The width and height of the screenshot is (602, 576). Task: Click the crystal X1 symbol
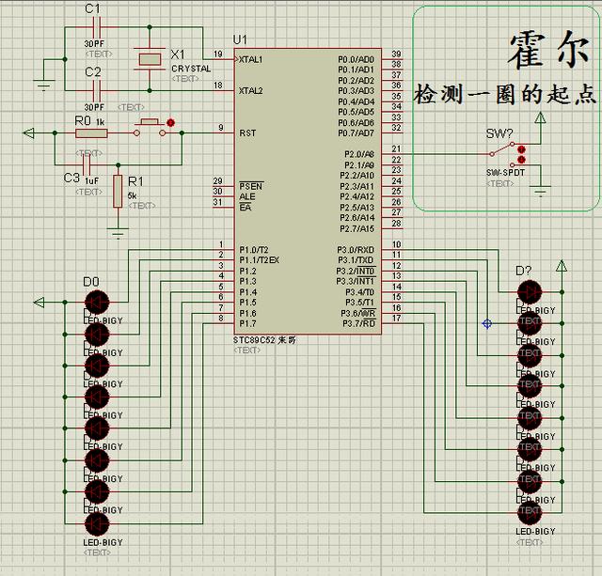click(x=149, y=58)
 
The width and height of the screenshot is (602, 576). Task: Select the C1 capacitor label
click(x=92, y=8)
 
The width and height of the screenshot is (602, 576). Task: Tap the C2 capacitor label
click(x=92, y=71)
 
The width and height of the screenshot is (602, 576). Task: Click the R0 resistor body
click(x=91, y=133)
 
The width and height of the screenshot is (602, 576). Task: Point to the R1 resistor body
click(x=118, y=187)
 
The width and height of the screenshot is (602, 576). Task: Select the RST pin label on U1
click(x=247, y=132)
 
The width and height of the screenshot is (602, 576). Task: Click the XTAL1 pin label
click(x=252, y=58)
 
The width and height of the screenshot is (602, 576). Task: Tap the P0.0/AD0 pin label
click(x=356, y=58)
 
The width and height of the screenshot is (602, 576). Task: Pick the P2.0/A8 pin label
click(x=358, y=153)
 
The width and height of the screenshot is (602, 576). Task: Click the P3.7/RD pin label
click(x=357, y=323)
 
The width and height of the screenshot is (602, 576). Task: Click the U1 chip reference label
click(x=240, y=39)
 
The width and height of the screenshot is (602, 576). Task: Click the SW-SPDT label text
click(x=505, y=174)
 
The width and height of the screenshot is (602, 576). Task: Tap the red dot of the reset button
click(x=170, y=122)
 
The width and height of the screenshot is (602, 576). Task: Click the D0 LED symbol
click(x=96, y=302)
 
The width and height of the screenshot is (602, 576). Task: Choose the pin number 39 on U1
click(x=397, y=54)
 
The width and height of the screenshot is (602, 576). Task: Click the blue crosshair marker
click(x=487, y=323)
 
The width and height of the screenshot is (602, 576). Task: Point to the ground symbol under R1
click(x=118, y=232)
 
